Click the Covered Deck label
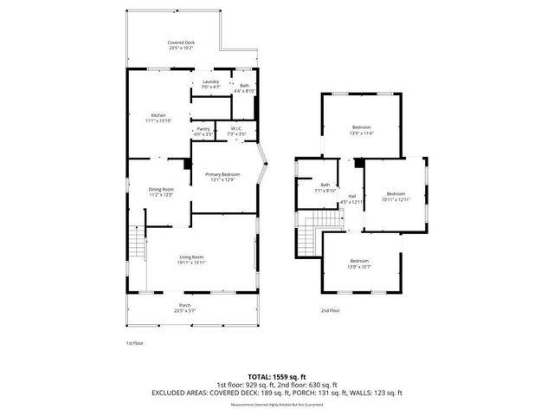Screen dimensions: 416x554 pos(180,45)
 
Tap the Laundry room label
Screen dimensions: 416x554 pos(211,85)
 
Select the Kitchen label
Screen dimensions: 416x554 pos(158,118)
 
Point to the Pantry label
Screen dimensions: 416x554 pos(203,132)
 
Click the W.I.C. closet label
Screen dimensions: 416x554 pos(235,132)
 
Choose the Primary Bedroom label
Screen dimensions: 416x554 pos(222,178)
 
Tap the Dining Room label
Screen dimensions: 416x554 pos(162,192)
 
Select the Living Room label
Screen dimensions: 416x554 pos(191,259)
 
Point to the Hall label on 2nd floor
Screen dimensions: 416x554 pos(352,198)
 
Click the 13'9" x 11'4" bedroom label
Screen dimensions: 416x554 pos(361,130)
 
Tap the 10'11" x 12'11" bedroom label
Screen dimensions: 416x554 pos(396,196)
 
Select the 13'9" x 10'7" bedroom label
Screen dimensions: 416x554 pos(359,264)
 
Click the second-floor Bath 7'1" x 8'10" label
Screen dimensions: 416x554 pos(325,187)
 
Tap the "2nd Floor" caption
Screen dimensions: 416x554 pos(330,310)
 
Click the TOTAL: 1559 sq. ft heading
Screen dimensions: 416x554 pos(276,376)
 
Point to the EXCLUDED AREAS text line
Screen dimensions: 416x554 pos(276,393)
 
